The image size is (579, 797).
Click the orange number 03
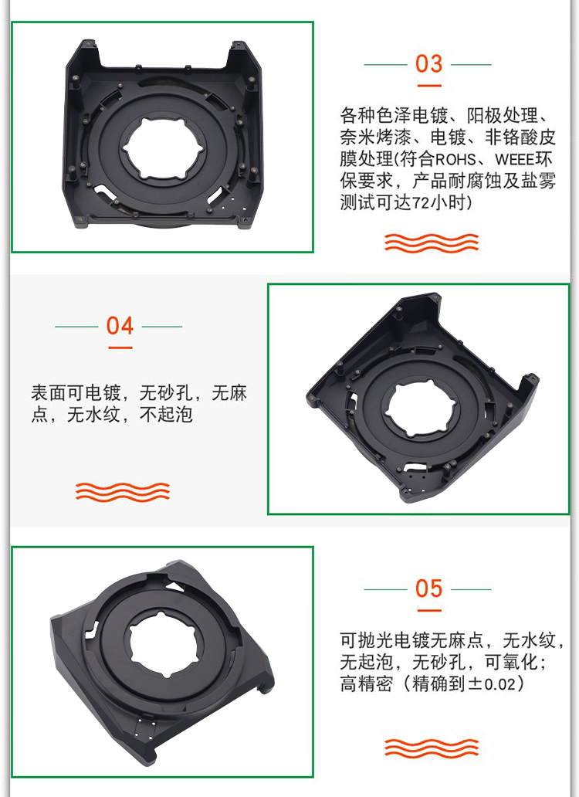click(x=428, y=64)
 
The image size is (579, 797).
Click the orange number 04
click(x=120, y=326)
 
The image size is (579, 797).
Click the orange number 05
click(x=428, y=588)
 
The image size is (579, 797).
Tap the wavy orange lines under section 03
click(x=432, y=243)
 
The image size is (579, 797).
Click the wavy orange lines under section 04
click(x=123, y=491)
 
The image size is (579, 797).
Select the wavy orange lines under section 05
click(x=432, y=748)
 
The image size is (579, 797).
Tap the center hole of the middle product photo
click(x=421, y=409)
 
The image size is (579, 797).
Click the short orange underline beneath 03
click(x=429, y=86)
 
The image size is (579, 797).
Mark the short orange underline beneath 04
click(x=120, y=348)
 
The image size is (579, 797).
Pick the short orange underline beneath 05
click(x=429, y=610)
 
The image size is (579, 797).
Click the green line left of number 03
click(x=385, y=65)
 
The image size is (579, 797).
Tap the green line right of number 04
click(x=162, y=327)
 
